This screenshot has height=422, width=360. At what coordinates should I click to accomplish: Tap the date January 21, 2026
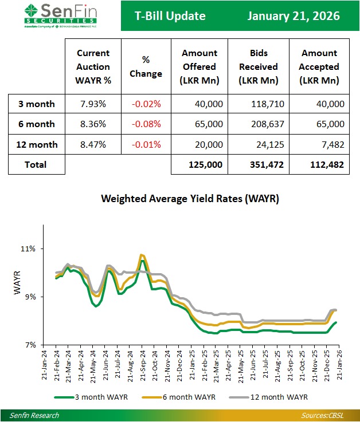point(293,16)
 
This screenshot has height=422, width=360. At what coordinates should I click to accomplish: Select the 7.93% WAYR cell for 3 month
point(93,104)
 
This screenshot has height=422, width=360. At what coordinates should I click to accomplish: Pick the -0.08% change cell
point(146,124)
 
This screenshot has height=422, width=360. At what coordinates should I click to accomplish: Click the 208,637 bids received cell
point(258,124)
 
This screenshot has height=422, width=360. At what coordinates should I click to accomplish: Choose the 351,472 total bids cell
point(258,165)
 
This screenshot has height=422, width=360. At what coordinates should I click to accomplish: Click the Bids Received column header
point(258,66)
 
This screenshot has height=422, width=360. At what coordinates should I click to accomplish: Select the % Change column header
point(146,66)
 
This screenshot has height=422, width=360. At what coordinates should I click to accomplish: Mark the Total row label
point(35,165)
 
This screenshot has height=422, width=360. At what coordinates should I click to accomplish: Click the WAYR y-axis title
point(17,284)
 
